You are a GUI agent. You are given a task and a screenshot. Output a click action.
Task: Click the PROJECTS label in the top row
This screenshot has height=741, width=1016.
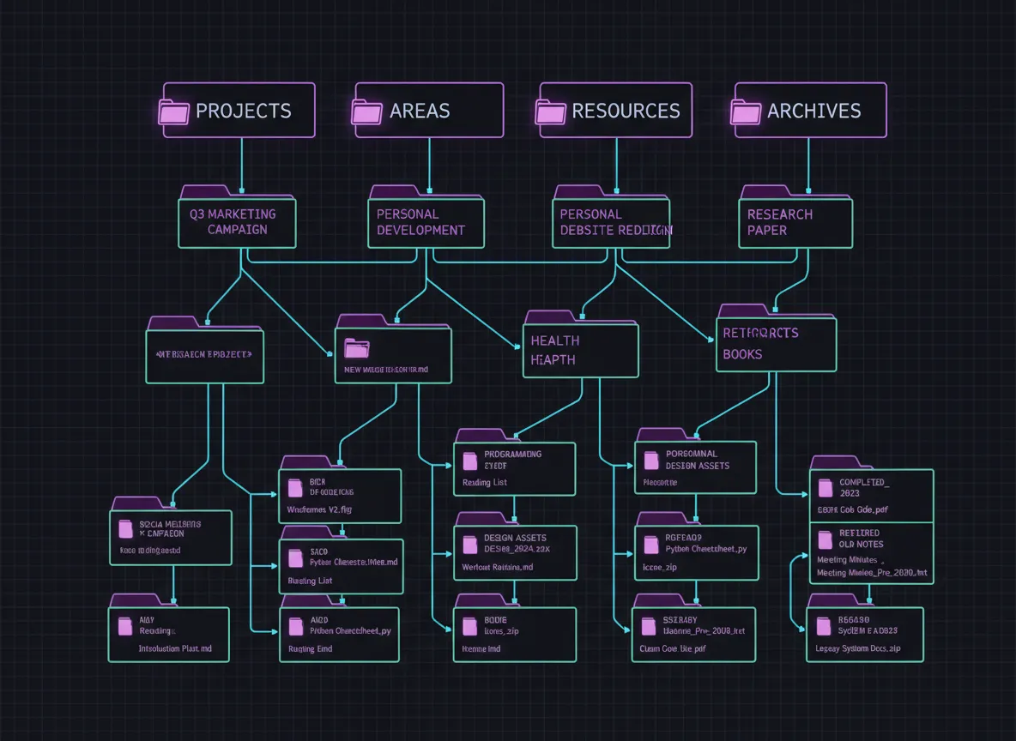243,111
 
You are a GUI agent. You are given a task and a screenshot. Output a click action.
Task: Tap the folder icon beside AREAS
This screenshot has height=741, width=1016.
367,112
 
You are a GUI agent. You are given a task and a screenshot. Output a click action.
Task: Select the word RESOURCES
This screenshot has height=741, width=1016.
626,111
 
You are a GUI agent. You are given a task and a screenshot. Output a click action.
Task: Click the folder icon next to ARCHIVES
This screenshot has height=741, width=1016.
746,112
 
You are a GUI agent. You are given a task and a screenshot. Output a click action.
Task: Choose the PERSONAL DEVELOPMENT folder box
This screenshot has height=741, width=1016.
426,222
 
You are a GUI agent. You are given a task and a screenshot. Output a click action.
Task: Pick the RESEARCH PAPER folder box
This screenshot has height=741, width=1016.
795,222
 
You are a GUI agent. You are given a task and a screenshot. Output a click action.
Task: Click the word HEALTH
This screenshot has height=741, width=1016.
554,340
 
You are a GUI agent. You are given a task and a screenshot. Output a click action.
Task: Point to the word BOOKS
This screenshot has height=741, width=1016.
742,354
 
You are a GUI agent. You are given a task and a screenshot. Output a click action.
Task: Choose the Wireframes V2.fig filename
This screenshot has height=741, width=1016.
318,509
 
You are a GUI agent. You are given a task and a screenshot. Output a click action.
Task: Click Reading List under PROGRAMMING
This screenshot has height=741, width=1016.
485,483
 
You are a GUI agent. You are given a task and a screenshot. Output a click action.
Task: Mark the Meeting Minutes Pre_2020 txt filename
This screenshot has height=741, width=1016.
872,572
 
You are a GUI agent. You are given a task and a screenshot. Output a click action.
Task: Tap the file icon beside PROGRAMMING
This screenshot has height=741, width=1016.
469,461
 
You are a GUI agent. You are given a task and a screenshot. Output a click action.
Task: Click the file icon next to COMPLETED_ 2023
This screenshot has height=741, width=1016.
825,488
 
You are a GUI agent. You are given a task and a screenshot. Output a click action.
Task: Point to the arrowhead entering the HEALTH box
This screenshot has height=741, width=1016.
518,346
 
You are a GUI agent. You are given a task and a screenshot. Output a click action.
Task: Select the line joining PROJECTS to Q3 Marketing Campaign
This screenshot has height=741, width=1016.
241,163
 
